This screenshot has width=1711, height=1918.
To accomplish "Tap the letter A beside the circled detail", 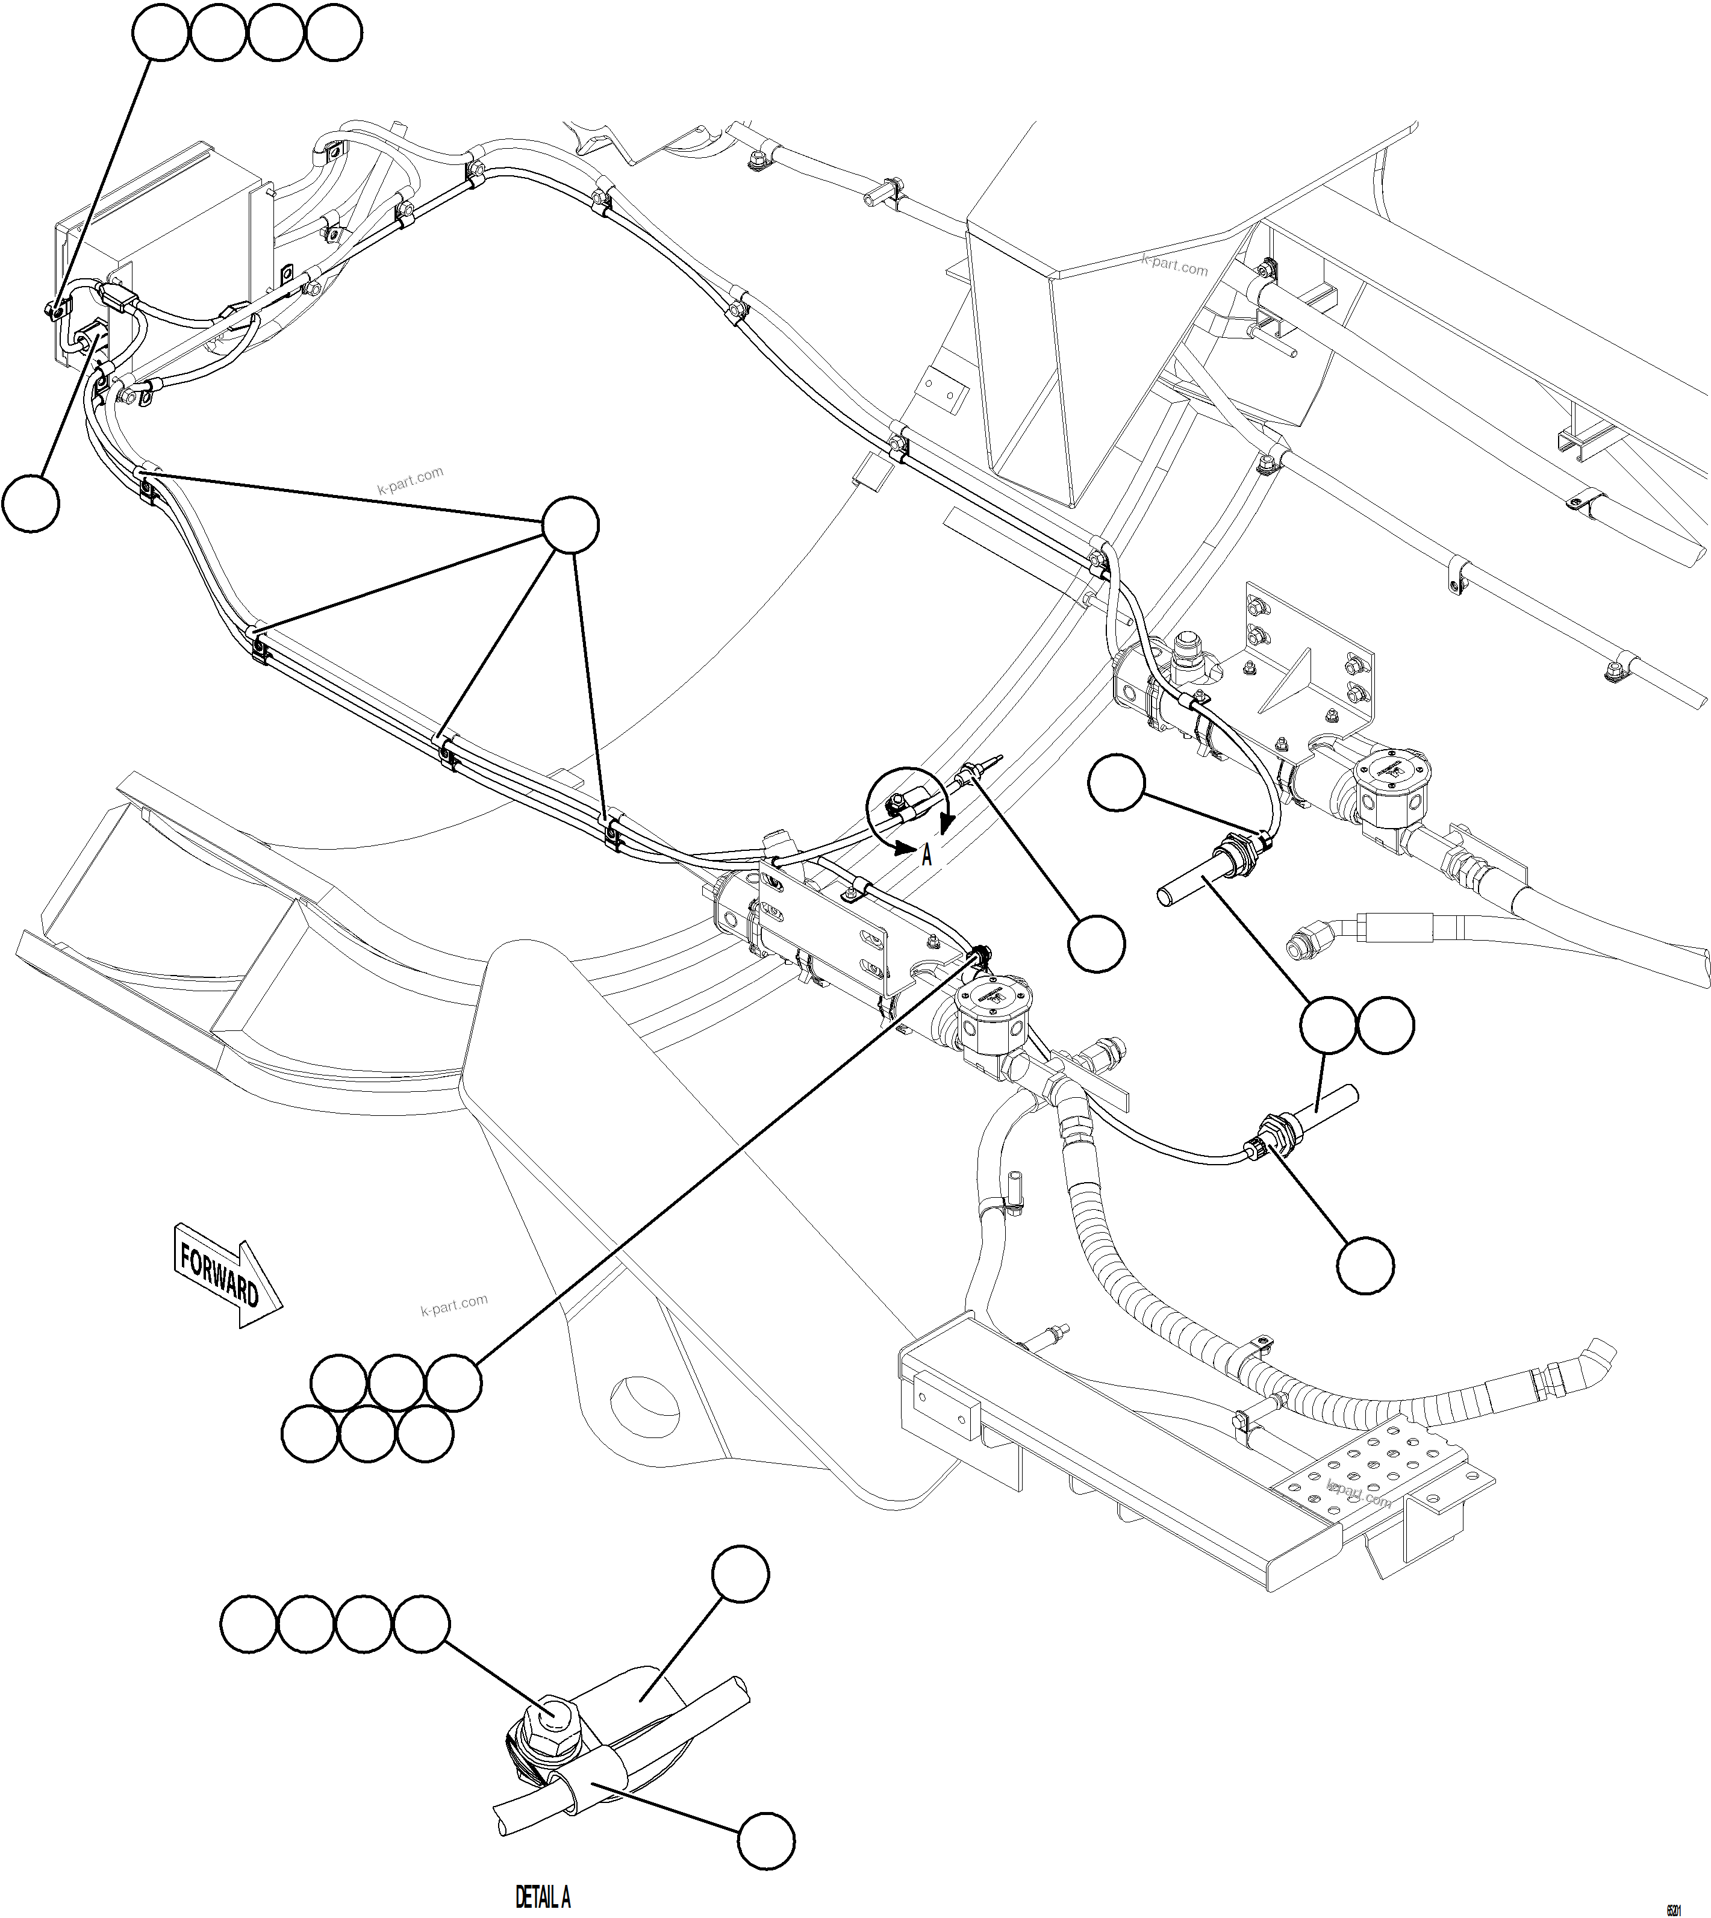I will tap(927, 855).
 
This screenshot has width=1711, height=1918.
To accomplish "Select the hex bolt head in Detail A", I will tap(553, 1713).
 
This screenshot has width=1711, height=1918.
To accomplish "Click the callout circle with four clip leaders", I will tap(571, 526).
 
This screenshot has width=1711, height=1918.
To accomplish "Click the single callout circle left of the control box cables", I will tap(31, 504).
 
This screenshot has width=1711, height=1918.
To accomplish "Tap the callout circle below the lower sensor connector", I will tap(1365, 1265).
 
